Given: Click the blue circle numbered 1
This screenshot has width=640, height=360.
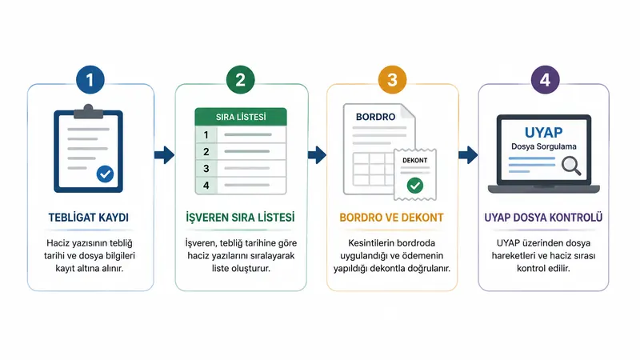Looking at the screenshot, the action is click(x=90, y=79).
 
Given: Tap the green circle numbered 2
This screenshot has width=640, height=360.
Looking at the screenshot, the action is click(x=241, y=79).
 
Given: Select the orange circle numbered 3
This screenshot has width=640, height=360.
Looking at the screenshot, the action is click(x=392, y=79).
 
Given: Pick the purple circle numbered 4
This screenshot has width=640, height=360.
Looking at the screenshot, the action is click(x=546, y=79).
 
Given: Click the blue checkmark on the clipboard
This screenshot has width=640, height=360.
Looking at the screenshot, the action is click(x=105, y=174).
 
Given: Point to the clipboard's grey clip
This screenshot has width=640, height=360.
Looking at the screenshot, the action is click(x=88, y=111).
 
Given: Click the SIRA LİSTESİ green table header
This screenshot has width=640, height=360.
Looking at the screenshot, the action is click(x=241, y=117).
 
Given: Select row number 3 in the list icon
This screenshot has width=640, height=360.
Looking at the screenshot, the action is click(x=241, y=168).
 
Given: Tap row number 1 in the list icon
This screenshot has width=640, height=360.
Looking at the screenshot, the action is click(x=241, y=134).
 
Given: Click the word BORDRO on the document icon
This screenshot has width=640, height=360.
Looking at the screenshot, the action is click(x=375, y=117).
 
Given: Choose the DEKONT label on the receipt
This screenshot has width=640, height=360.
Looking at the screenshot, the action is click(x=414, y=161).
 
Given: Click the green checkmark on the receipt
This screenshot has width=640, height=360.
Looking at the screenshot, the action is click(x=415, y=186).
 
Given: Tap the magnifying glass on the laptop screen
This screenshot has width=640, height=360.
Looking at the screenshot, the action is click(x=571, y=166).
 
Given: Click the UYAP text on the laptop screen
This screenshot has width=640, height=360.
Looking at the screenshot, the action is click(x=544, y=132).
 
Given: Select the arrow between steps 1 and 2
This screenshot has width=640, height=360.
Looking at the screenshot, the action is click(x=165, y=155).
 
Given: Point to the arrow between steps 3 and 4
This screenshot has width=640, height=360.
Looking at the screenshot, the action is click(x=468, y=155).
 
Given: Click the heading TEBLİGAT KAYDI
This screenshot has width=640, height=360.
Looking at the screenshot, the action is click(x=89, y=218).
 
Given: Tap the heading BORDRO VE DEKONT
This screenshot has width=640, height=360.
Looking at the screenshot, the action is click(x=391, y=218).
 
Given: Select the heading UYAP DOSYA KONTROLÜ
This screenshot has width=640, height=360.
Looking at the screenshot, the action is click(x=543, y=217).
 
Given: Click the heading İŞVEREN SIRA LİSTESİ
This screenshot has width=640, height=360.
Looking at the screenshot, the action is click(x=241, y=217).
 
